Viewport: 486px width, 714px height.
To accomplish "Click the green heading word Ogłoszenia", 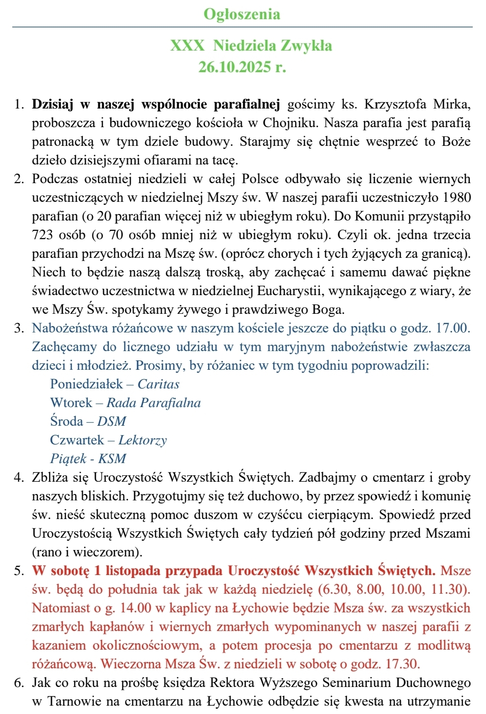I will point(242,14).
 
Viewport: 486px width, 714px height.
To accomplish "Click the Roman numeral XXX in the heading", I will point(187,46).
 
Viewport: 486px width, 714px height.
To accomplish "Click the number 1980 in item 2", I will point(457,197).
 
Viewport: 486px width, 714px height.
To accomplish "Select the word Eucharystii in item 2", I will point(290,291).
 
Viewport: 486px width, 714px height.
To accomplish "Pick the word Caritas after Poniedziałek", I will point(159,384).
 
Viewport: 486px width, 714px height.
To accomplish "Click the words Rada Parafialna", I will point(154,403).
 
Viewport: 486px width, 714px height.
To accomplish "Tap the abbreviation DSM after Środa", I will point(111,421).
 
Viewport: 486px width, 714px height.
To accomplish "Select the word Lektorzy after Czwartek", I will point(142,440).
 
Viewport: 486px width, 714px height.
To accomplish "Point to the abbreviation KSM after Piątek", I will point(112,459).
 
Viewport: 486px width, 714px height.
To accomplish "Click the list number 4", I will point(19,477).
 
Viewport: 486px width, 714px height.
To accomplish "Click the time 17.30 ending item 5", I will point(403,664).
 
